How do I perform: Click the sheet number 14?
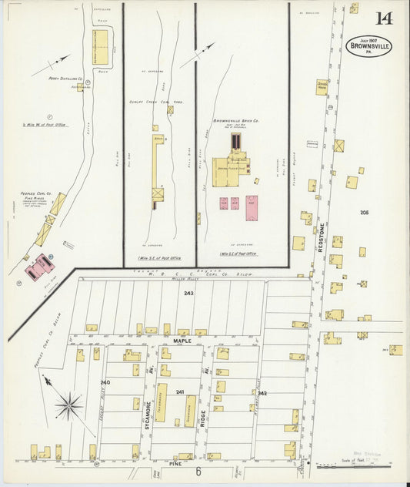383,18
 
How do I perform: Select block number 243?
188,294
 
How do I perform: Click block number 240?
105,382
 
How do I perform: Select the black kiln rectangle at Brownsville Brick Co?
236,142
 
